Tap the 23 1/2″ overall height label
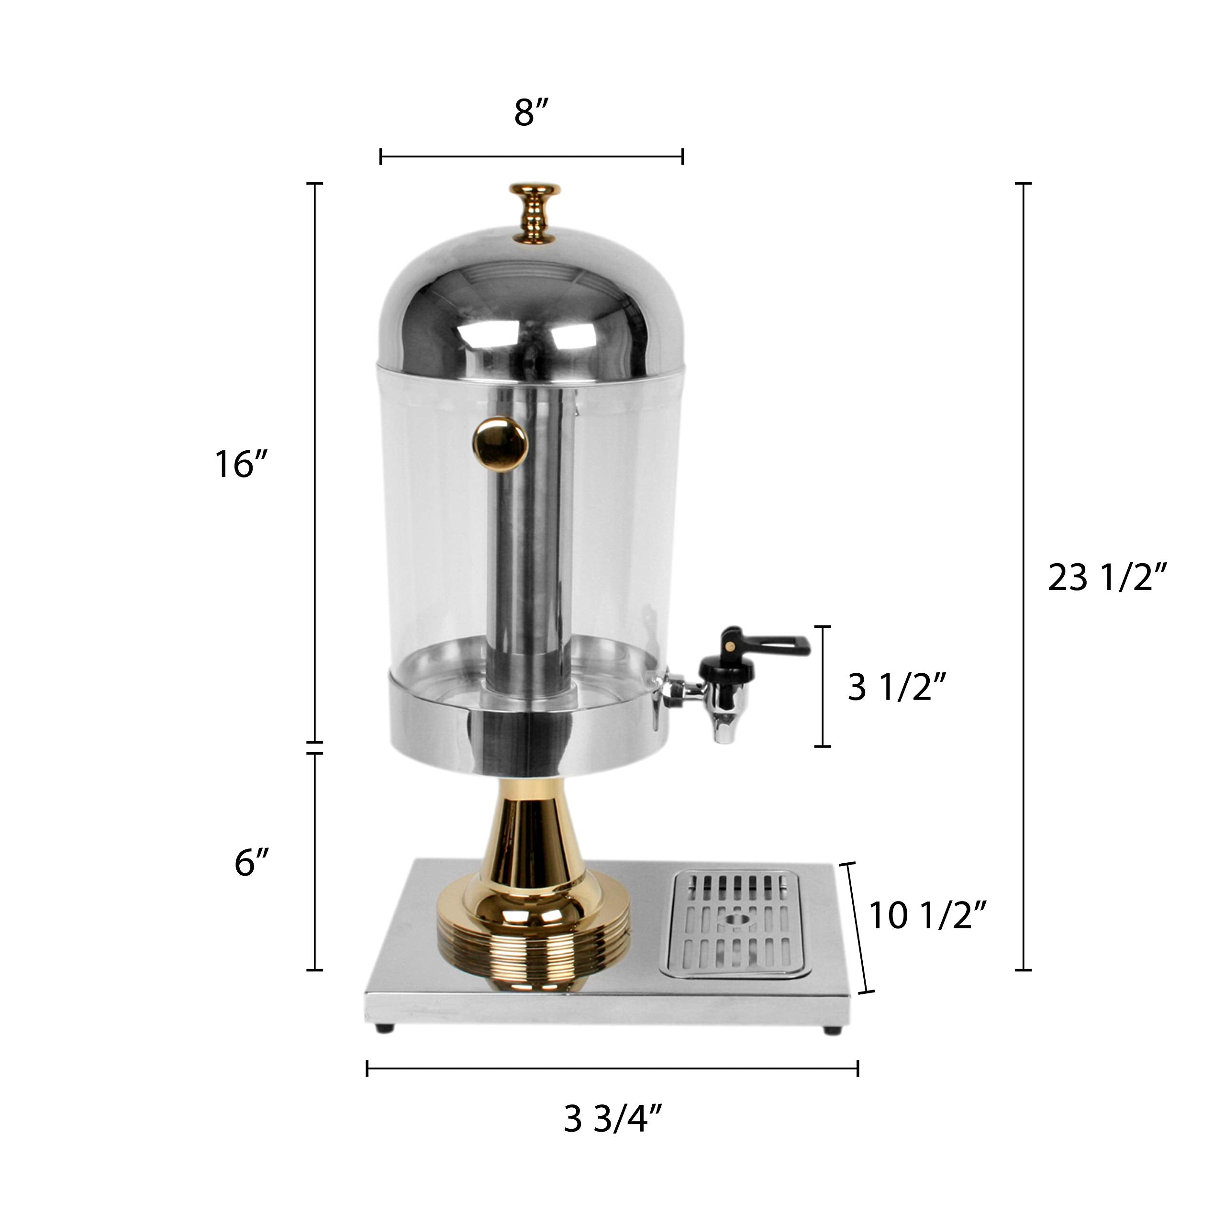(x=1106, y=578)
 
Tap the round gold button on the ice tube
(x=499, y=444)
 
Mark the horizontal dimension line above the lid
(x=531, y=156)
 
